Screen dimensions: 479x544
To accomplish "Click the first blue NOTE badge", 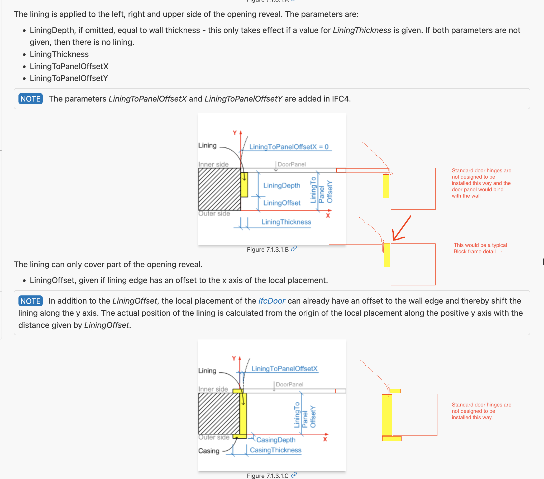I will click(x=30, y=99).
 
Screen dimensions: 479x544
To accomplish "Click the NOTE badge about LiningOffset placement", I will click(x=30, y=301).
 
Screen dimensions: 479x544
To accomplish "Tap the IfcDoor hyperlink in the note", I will click(x=271, y=301).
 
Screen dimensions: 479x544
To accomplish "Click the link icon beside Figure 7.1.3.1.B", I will click(x=294, y=249).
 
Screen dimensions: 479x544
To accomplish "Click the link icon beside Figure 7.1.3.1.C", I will click(x=294, y=475).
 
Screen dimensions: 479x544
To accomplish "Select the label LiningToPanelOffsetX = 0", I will click(x=289, y=147).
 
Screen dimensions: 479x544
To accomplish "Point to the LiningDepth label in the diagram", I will click(x=281, y=185).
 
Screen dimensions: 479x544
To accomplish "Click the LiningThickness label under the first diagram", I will click(x=286, y=222).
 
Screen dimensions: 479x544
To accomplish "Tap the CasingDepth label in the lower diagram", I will click(x=276, y=440).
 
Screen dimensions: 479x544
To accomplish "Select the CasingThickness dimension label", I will click(x=275, y=450).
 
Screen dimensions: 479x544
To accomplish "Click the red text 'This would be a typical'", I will click(x=480, y=245).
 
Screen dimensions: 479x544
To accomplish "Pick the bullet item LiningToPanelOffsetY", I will click(x=69, y=78).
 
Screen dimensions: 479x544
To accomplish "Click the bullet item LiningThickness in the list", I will click(x=59, y=54).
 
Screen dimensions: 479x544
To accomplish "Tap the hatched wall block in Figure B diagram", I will click(x=219, y=189).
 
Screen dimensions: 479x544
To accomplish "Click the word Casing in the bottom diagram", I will click(x=209, y=451).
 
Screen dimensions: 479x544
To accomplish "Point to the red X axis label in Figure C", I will click(x=325, y=439).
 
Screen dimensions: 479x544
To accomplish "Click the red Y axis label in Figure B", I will click(x=235, y=132).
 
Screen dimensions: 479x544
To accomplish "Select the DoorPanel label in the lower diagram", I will click(x=289, y=385).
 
